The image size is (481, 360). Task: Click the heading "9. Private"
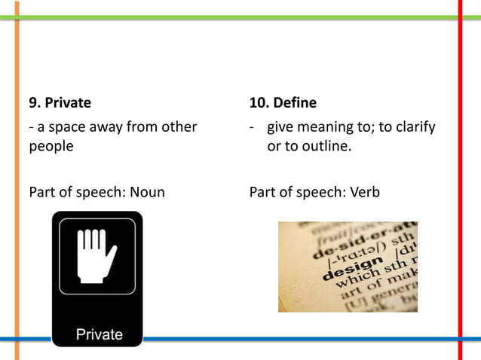(60, 102)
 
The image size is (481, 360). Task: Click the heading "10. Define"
(283, 102)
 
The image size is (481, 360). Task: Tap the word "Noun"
(147, 192)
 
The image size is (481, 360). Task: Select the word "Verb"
(365, 192)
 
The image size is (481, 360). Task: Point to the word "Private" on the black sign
(98, 334)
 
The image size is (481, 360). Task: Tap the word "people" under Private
(51, 145)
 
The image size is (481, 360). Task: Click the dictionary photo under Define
(348, 267)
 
